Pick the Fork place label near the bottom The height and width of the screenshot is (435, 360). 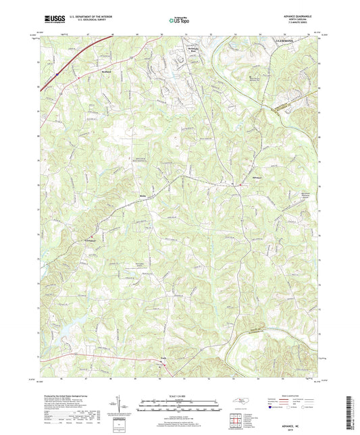163,361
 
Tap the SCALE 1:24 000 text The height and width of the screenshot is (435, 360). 180,395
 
